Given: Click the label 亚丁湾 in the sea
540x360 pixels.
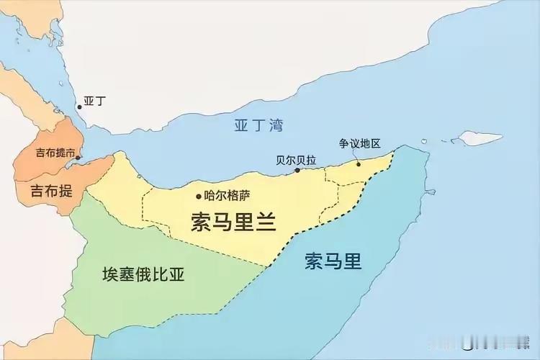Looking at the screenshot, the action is click(x=258, y=125).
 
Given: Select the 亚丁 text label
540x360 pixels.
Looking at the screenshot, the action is click(x=94, y=102).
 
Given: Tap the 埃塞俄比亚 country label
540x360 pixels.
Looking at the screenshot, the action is click(x=149, y=274).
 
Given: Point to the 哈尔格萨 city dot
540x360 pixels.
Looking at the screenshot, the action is click(x=199, y=195).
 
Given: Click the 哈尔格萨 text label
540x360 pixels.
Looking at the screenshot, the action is click(x=228, y=194).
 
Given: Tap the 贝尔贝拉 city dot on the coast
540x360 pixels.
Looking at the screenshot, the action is click(x=297, y=171).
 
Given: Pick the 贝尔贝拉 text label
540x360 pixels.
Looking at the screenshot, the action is click(x=296, y=160).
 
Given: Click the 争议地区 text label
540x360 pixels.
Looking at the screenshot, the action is click(x=364, y=143).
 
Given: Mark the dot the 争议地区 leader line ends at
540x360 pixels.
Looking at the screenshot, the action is click(x=359, y=163).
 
